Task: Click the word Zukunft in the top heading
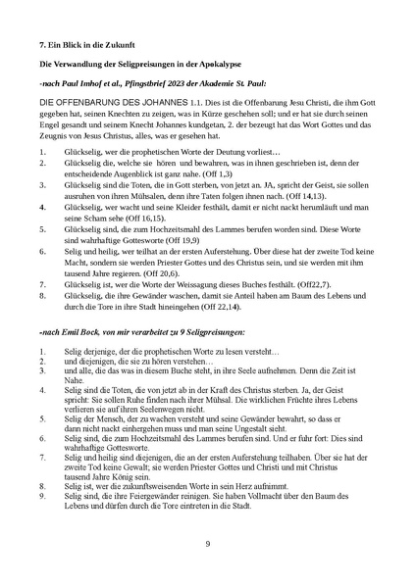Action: click(118, 45)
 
